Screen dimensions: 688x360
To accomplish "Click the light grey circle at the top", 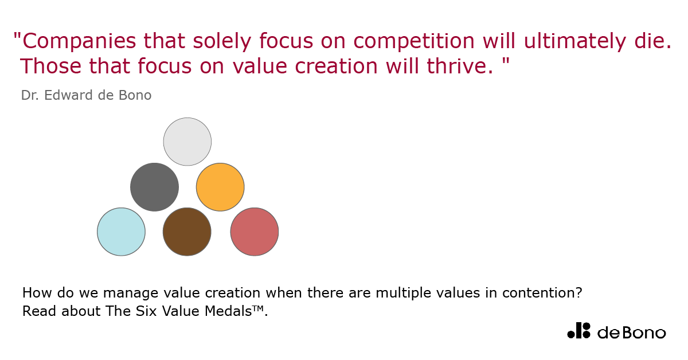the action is tap(187, 142).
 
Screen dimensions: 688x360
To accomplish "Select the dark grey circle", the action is tap(154, 187).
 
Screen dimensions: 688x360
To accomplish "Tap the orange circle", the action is tap(220, 187).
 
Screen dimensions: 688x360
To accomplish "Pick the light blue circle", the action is tap(122, 232).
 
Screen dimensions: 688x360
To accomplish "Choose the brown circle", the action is tap(187, 232).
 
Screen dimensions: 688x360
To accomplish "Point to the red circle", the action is tap(255, 232).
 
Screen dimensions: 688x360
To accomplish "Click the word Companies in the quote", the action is tap(79, 41).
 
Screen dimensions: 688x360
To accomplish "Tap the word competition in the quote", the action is tap(414, 41).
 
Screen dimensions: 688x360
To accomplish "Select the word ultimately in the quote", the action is tap(575, 41).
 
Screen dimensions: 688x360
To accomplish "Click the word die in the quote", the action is tap(650, 41).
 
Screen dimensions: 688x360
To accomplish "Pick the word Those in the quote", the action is tap(50, 66).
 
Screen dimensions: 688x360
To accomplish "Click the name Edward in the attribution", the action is tap(68, 95).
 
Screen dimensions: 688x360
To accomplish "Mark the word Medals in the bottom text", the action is tap(228, 311).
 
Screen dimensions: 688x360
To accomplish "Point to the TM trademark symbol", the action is tap(259, 308).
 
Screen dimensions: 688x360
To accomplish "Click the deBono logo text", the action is tap(632, 332).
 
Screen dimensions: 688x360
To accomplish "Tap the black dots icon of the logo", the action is tap(578, 331).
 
